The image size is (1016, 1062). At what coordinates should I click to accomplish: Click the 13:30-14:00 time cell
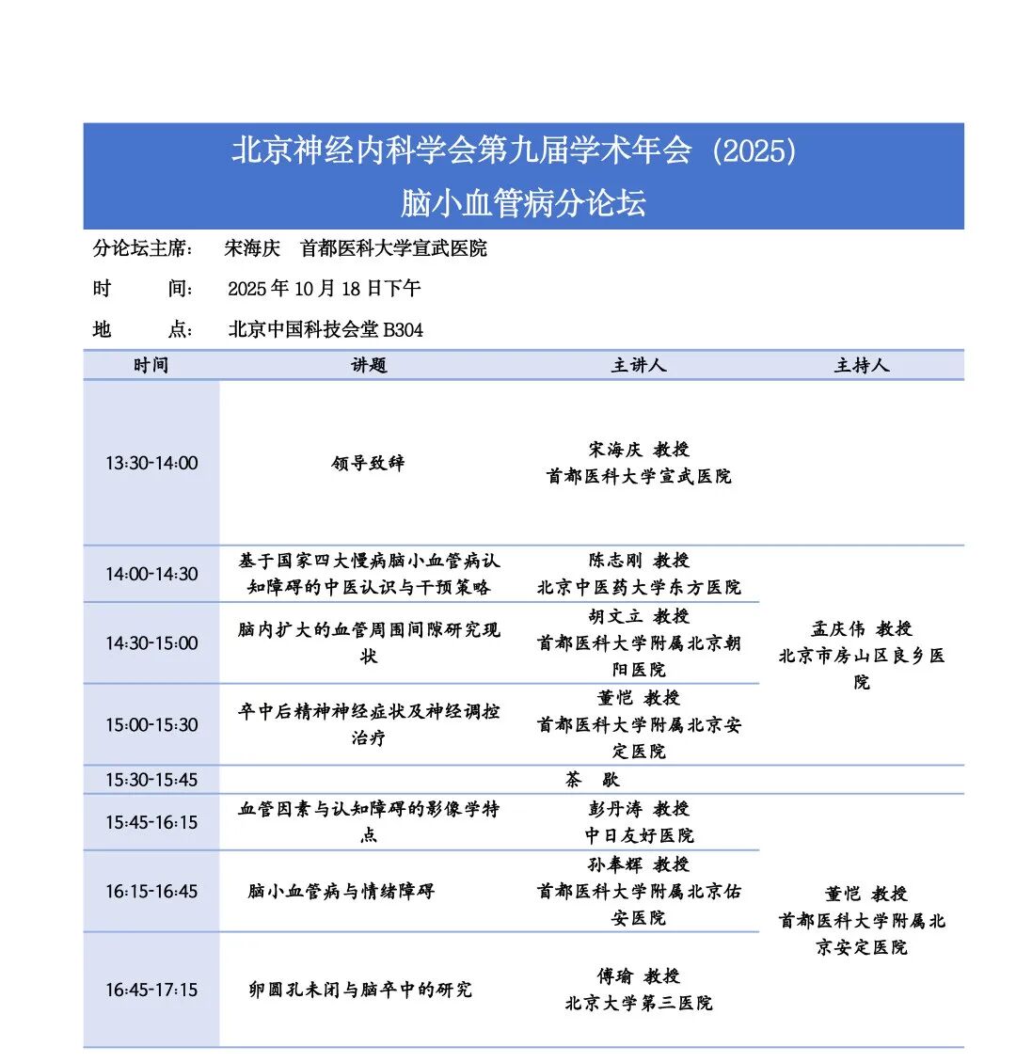[151, 463]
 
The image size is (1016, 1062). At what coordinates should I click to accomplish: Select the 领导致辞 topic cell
[368, 463]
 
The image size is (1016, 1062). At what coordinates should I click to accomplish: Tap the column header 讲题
[369, 365]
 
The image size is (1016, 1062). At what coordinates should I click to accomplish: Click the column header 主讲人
[639, 365]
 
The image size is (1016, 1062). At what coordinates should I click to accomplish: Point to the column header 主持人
[861, 365]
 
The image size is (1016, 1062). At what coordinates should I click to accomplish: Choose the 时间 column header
[151, 365]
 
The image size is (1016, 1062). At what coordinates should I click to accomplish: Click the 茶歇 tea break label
[592, 780]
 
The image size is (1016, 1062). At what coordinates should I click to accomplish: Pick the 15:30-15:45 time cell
[151, 780]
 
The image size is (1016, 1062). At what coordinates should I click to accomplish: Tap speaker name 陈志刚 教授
[639, 561]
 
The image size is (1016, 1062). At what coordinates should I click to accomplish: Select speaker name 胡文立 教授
[639, 616]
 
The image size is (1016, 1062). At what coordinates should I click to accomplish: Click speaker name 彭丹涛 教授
[639, 809]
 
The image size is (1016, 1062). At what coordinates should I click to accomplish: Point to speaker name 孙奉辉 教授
[639, 864]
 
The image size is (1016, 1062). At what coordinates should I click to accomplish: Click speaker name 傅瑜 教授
[639, 976]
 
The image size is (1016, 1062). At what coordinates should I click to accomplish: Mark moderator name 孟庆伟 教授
[861, 629]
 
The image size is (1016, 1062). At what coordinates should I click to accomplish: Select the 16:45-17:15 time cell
[151, 990]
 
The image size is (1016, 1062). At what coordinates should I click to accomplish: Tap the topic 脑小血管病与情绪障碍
[341, 891]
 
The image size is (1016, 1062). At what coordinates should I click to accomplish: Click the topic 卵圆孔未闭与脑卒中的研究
[360, 990]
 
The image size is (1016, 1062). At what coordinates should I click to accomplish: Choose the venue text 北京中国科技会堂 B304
[325, 329]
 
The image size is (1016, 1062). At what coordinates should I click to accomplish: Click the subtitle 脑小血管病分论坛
[523, 203]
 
